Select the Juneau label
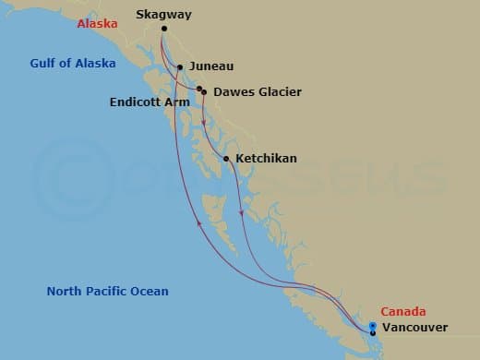coord(211,66)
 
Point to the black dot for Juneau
coord(180,66)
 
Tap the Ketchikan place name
coord(267,159)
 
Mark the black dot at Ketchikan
coord(226,159)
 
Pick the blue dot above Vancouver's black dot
coord(372,325)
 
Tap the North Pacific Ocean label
coord(107,292)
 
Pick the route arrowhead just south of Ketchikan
coord(242,214)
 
